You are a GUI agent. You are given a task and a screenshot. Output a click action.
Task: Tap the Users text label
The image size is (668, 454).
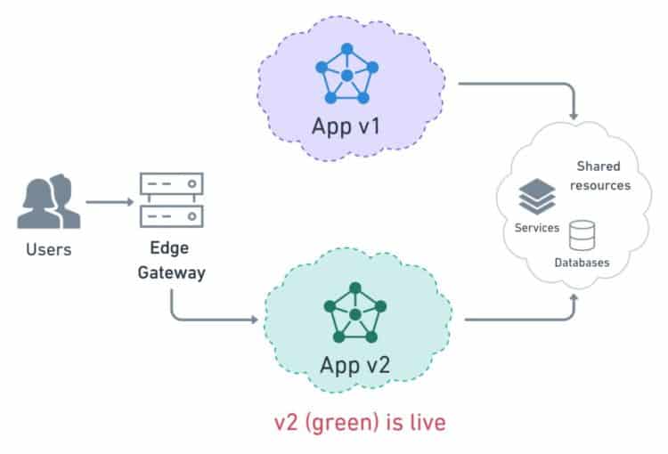tap(48, 250)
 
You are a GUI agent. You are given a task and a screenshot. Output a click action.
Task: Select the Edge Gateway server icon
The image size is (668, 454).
tap(171, 200)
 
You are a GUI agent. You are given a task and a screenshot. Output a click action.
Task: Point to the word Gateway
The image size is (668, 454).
tap(171, 272)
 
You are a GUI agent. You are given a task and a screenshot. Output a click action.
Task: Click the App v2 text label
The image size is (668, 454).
tap(355, 365)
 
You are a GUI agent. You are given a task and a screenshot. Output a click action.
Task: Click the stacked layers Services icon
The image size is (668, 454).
tap(536, 196)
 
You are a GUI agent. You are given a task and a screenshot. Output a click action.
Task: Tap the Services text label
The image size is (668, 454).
tap(537, 228)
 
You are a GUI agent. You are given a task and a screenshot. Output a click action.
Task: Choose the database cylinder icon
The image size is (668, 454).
tap(582, 235)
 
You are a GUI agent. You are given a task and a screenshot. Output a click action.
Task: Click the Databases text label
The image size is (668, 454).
tap(582, 263)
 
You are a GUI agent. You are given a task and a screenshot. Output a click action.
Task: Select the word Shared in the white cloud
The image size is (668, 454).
tap(599, 166)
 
